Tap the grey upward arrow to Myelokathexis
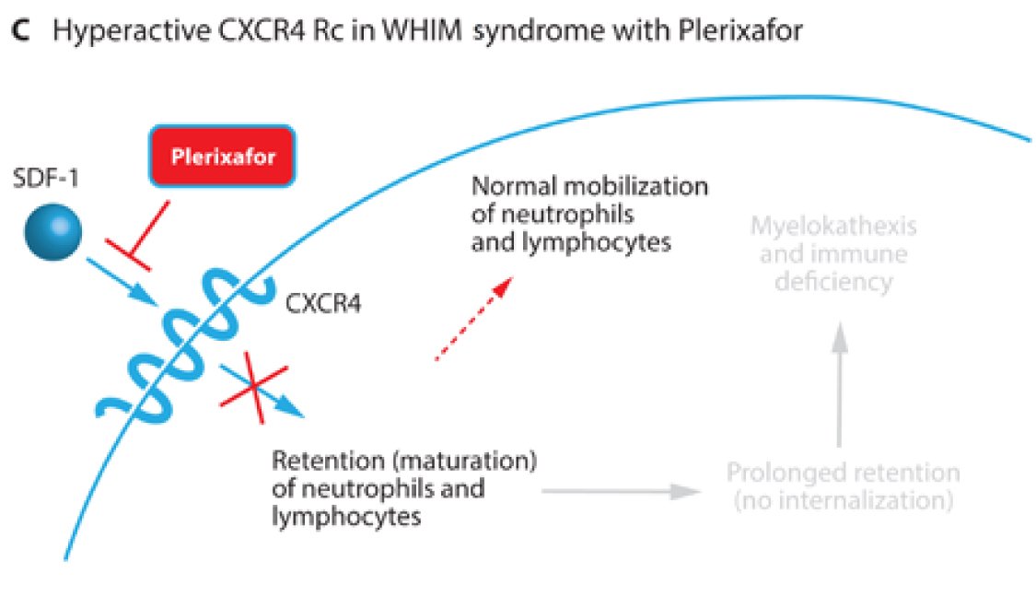click(839, 387)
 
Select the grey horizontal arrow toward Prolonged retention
click(617, 491)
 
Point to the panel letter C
click(19, 29)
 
